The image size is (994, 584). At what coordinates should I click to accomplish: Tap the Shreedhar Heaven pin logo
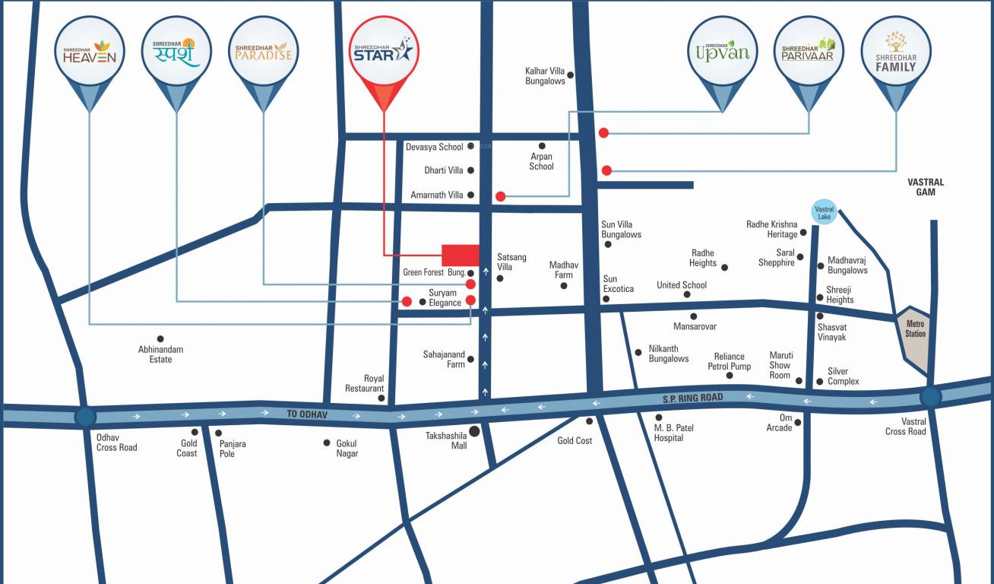[90, 52]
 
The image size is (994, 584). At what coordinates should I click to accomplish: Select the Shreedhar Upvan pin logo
[721, 52]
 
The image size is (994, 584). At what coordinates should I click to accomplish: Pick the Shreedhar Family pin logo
[896, 52]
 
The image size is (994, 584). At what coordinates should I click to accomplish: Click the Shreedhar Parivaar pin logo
[809, 52]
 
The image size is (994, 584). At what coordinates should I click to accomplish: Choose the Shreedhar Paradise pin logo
[262, 52]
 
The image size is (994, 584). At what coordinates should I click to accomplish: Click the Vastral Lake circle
[824, 213]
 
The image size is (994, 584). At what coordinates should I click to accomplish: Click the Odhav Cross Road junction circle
[85, 417]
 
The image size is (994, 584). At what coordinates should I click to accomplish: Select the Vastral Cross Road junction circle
[930, 396]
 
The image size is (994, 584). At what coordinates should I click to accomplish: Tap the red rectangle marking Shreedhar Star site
[461, 255]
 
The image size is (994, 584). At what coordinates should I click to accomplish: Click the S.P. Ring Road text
[692, 398]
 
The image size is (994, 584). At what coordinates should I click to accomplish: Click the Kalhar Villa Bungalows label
[545, 76]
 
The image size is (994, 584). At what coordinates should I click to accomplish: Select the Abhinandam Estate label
[160, 354]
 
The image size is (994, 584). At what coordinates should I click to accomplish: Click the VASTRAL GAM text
[925, 187]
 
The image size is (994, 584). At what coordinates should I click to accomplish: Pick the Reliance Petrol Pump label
[729, 361]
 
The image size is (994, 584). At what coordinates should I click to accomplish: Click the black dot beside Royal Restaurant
[381, 398]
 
